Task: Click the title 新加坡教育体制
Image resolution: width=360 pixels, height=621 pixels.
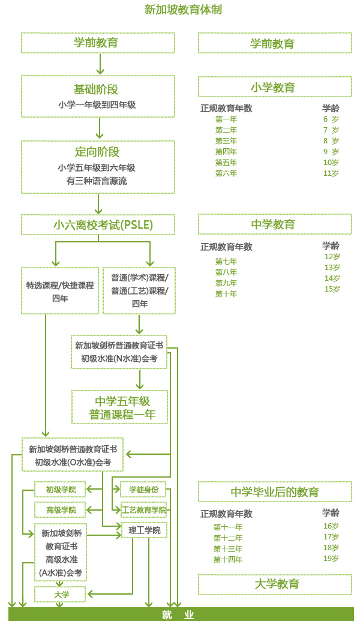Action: (x=179, y=10)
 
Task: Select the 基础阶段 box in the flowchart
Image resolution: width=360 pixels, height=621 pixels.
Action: (x=98, y=96)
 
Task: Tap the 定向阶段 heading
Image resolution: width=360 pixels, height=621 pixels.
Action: (x=98, y=152)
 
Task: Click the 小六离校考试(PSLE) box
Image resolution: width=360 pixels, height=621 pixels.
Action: (x=98, y=225)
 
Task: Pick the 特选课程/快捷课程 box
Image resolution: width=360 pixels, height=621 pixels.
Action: (x=60, y=291)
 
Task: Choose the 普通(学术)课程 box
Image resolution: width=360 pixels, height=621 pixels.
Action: (x=139, y=291)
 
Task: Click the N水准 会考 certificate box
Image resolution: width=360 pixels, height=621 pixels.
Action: (x=119, y=352)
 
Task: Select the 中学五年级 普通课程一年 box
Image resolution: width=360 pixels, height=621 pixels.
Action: (x=119, y=407)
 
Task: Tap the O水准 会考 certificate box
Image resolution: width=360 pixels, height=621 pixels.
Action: (x=73, y=455)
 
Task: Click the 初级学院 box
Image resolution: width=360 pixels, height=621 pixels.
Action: (x=61, y=490)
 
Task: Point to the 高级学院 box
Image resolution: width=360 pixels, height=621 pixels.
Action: (x=61, y=510)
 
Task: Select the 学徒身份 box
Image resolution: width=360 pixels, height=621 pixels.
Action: (x=143, y=490)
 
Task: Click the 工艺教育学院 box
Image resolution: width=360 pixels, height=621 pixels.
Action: (x=143, y=510)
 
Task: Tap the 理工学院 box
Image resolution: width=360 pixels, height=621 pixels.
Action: (x=143, y=530)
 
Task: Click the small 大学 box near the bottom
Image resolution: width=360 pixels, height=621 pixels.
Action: (x=61, y=595)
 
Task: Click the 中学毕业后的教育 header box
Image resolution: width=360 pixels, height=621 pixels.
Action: (x=275, y=492)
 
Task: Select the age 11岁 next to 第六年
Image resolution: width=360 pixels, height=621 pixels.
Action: (x=331, y=173)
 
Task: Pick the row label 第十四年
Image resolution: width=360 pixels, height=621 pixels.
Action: (x=228, y=560)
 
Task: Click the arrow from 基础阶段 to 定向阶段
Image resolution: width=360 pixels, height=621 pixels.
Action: (x=100, y=128)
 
